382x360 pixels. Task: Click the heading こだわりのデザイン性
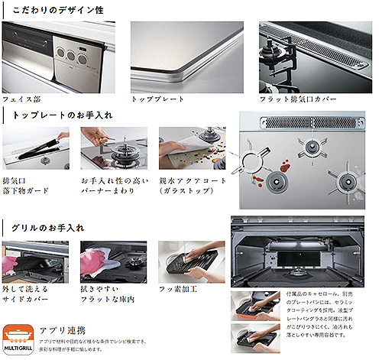pyautogui.click(x=58, y=11)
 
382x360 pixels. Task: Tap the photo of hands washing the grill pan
pyautogui.click(x=185, y=261)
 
